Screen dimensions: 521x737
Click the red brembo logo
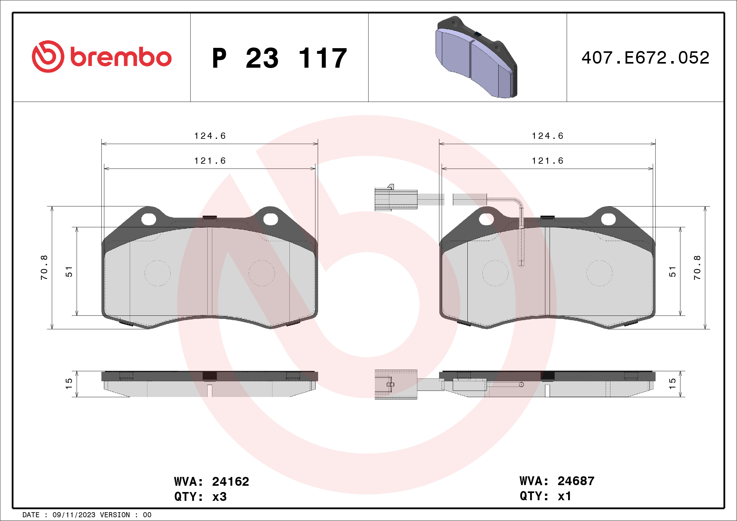[x=101, y=57]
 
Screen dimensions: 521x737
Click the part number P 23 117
[x=279, y=58]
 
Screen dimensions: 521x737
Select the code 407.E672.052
[x=645, y=58]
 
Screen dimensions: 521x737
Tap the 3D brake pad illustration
[x=476, y=57]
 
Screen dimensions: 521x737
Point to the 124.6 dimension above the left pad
[x=210, y=136]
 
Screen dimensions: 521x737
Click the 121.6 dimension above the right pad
[x=548, y=161]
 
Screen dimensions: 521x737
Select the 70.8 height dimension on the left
[x=44, y=268]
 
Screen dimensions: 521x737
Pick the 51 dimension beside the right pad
[x=672, y=272]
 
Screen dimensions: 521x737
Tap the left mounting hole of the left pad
[x=149, y=219]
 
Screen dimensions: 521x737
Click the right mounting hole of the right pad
[x=608, y=219]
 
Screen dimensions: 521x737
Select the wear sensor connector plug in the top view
[x=396, y=199]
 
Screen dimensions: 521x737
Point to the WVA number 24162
[x=230, y=482]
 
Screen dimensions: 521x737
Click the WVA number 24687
[x=576, y=481]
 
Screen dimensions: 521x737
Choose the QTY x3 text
[x=201, y=497]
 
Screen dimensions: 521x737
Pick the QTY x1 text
[x=546, y=496]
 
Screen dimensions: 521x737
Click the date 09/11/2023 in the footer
[x=74, y=515]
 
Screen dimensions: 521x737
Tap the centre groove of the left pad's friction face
[x=210, y=271]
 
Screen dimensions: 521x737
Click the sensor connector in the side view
[x=396, y=384]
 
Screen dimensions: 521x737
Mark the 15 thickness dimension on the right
[x=672, y=384]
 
